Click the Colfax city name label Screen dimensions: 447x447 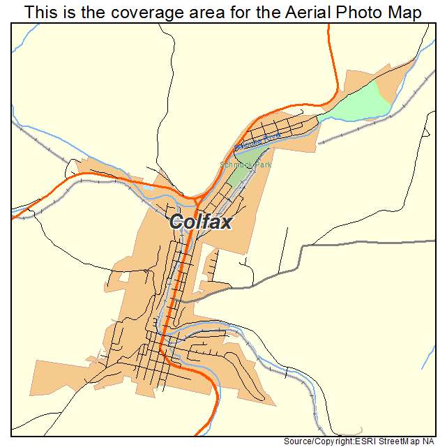click(201, 222)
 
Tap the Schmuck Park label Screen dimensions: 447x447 click(245, 165)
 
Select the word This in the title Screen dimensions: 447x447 click(39, 13)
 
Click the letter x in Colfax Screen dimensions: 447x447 click(226, 222)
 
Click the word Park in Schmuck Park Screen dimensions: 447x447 click(262, 165)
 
